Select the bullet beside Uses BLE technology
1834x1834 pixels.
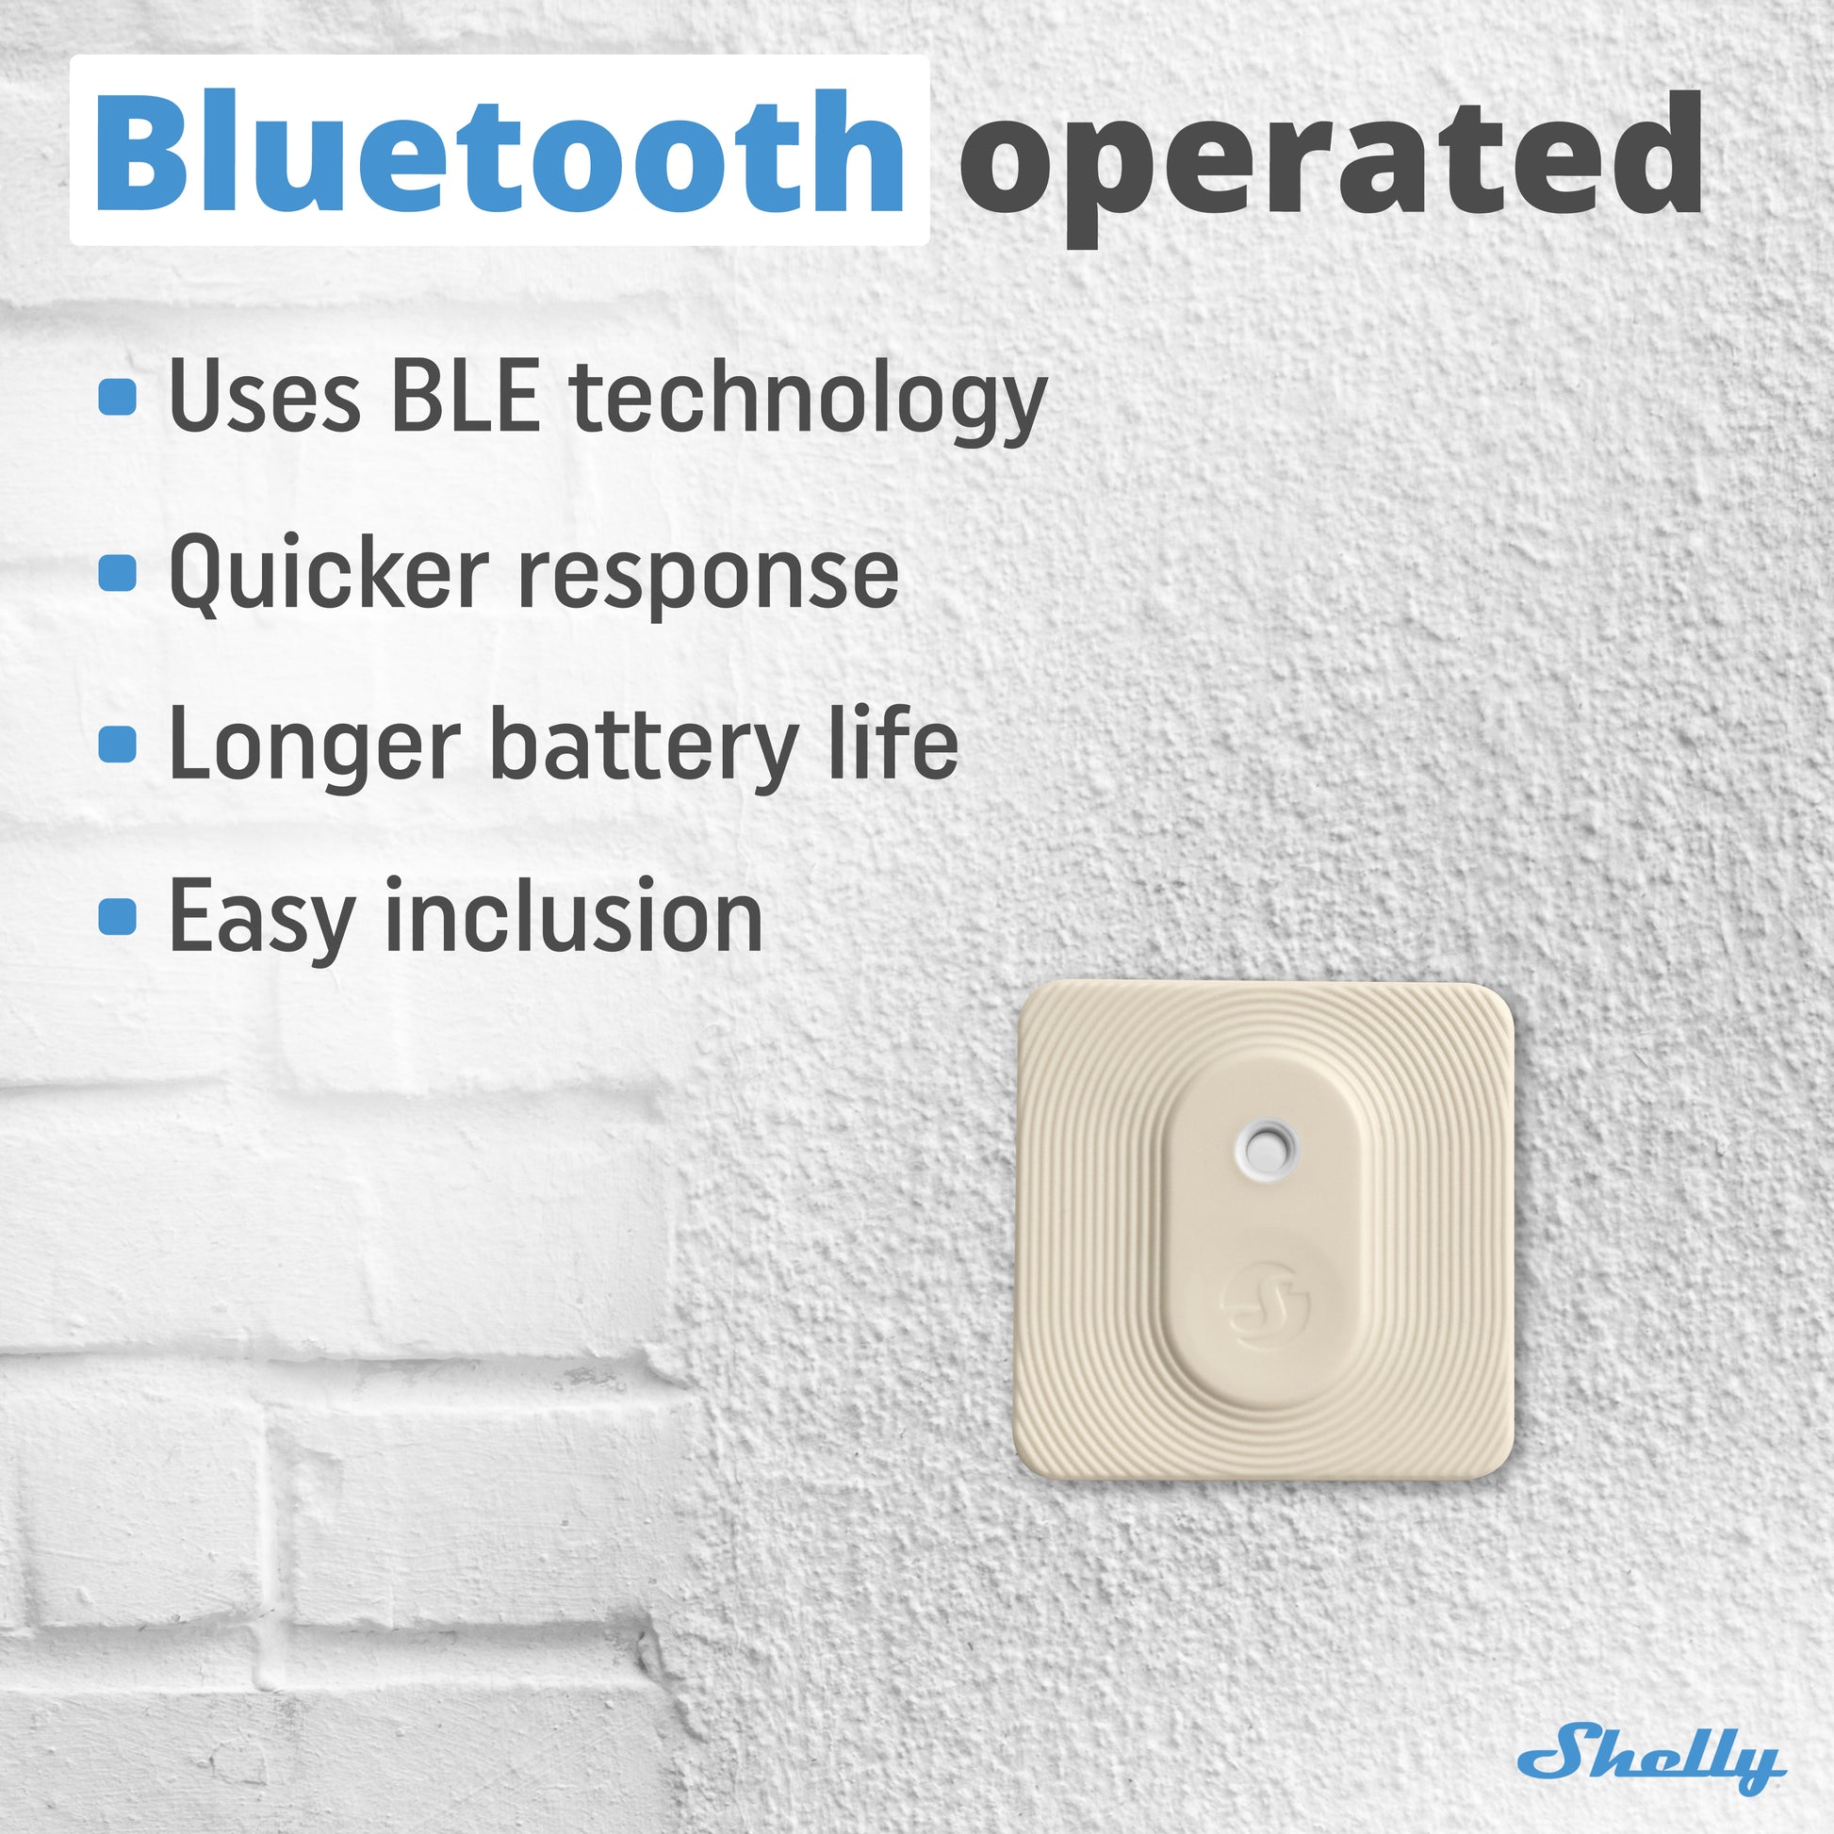pyautogui.click(x=118, y=397)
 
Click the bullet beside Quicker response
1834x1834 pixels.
pyautogui.click(x=118, y=572)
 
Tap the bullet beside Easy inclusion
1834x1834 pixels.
pyautogui.click(x=118, y=917)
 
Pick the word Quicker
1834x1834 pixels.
pyautogui.click(x=329, y=574)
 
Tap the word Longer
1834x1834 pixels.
pyautogui.click(x=314, y=750)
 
